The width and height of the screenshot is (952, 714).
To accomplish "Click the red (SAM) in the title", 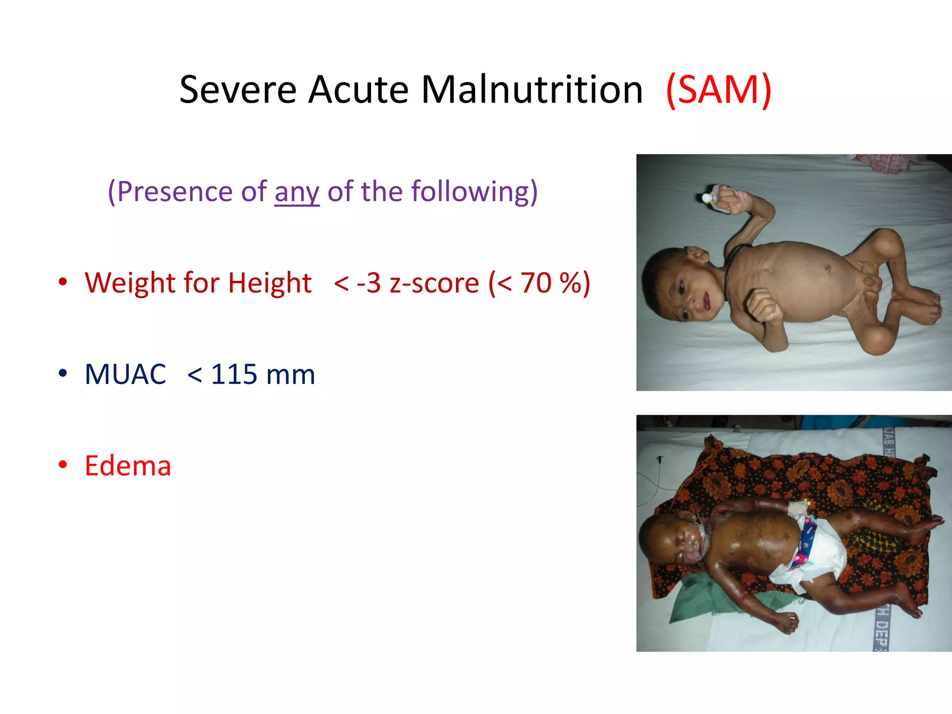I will coord(719,90).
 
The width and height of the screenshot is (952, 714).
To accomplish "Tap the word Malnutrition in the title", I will coord(532,90).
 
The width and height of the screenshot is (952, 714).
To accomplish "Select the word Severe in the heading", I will coord(238,90).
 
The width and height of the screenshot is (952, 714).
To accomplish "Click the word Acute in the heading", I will coord(358,90).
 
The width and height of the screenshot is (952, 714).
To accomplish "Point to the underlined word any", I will coord(297,192).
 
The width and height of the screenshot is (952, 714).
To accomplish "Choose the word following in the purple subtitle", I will coord(469,192).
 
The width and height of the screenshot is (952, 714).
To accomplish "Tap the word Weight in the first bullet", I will coord(130,283).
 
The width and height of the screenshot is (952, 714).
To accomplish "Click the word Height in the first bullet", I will coord(270,283).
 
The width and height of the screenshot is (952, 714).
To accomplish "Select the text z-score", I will coord(434,283).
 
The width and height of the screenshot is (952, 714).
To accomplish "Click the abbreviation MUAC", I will coord(125,374).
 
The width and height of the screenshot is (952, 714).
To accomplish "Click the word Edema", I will coord(128,466).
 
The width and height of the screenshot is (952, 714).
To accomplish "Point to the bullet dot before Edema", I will coord(63,465).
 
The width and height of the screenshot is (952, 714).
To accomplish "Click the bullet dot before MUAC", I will coord(63,373).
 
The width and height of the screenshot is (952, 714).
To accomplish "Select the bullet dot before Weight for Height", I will coord(63,282).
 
